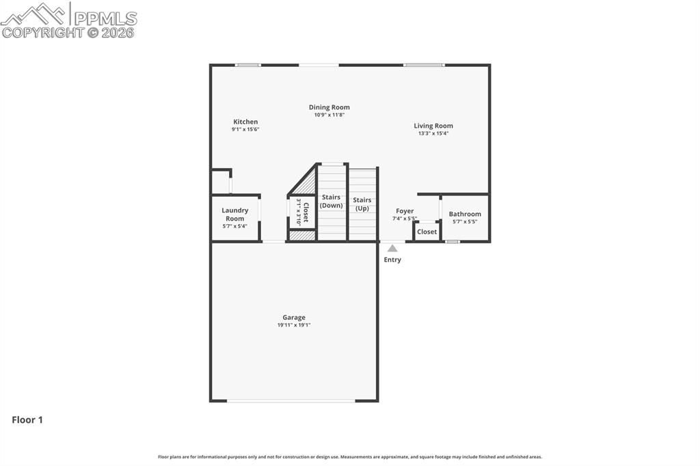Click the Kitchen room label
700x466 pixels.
(x=245, y=122)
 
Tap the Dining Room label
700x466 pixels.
(x=329, y=107)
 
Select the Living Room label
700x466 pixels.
(x=433, y=126)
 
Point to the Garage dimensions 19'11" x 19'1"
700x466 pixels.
(x=294, y=325)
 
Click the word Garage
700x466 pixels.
(x=294, y=317)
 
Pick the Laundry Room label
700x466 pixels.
(x=235, y=215)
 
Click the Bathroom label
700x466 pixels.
(x=465, y=214)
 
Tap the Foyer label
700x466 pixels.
(x=405, y=211)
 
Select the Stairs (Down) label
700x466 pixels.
(x=332, y=201)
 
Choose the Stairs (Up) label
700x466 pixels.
(x=362, y=204)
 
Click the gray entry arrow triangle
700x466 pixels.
(x=392, y=248)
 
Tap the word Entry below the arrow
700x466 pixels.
(x=392, y=260)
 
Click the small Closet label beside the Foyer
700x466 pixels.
(x=427, y=232)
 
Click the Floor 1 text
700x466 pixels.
(x=27, y=420)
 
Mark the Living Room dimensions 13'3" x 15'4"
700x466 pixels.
(x=433, y=133)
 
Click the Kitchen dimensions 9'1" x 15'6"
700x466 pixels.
(x=245, y=129)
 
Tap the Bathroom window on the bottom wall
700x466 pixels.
(x=452, y=241)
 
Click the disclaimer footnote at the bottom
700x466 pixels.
(x=350, y=456)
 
